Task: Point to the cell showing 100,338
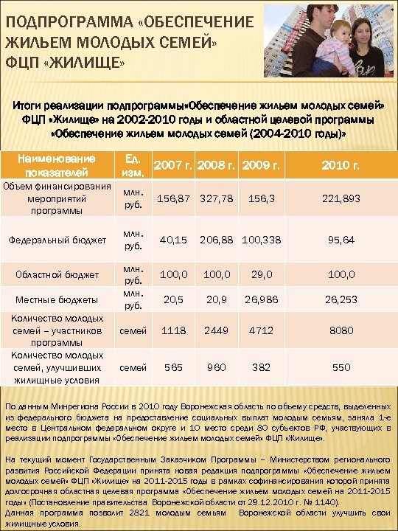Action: pyautogui.click(x=261, y=239)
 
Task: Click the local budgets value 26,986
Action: pyautogui.click(x=261, y=300)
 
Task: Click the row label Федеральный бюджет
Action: pyautogui.click(x=62, y=239)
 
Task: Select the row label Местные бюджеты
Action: pyautogui.click(x=62, y=300)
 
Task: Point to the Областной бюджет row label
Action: pyautogui.click(x=62, y=274)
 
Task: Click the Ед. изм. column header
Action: pyautogui.click(x=134, y=164)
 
